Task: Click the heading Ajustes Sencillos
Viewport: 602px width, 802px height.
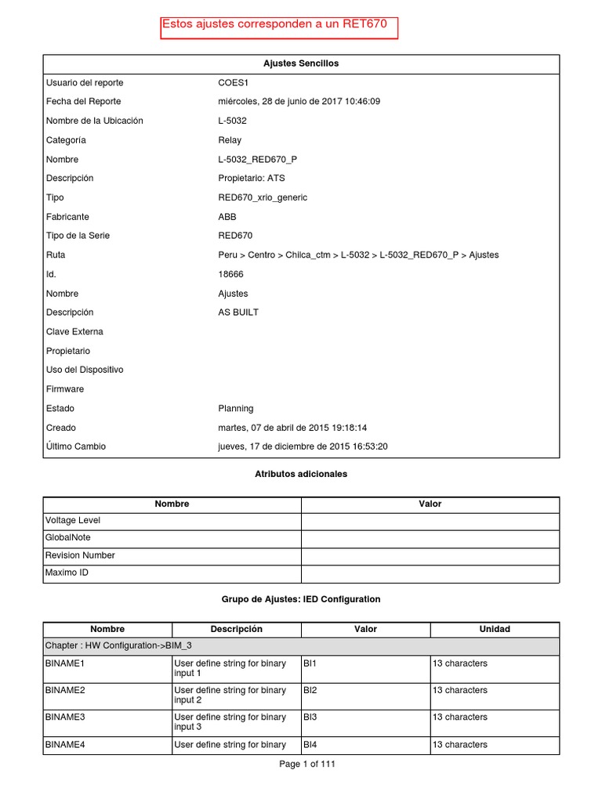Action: (x=301, y=63)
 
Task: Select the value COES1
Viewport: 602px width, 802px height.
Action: (x=233, y=83)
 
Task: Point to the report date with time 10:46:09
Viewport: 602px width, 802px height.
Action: (x=299, y=102)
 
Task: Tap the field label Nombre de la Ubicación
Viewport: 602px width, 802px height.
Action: (x=94, y=121)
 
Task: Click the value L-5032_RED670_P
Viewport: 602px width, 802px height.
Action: (x=257, y=159)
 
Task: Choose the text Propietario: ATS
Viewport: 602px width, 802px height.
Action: (x=251, y=179)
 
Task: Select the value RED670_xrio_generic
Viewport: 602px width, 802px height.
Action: (x=263, y=197)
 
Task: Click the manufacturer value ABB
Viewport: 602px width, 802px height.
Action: (x=227, y=217)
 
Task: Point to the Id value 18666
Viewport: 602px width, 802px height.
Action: (x=231, y=274)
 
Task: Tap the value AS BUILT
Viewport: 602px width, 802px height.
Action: (x=238, y=312)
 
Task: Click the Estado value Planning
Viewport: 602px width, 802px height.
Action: (x=236, y=408)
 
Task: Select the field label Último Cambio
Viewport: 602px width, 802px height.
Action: (x=76, y=446)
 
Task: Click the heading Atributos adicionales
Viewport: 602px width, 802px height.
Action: (x=301, y=474)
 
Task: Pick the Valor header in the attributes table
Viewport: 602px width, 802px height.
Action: (x=430, y=504)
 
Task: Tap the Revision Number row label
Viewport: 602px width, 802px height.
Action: (x=80, y=555)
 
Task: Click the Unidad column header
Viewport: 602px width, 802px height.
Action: (x=495, y=629)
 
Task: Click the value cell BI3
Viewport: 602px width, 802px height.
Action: (x=310, y=717)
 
